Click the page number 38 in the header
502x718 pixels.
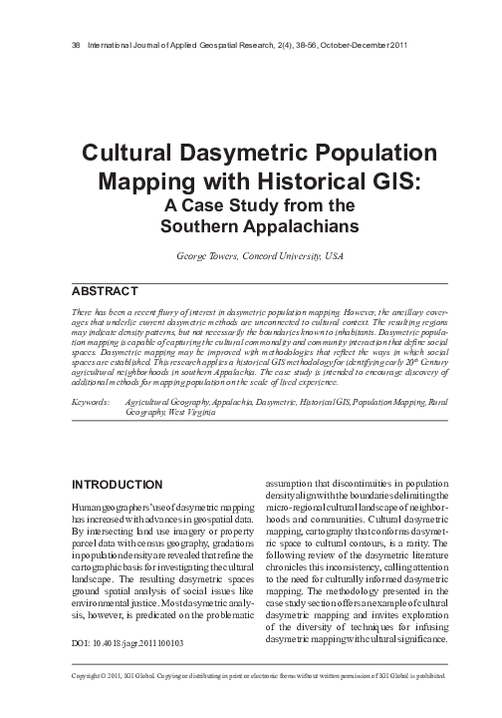point(78,46)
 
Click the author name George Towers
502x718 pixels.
point(203,256)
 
